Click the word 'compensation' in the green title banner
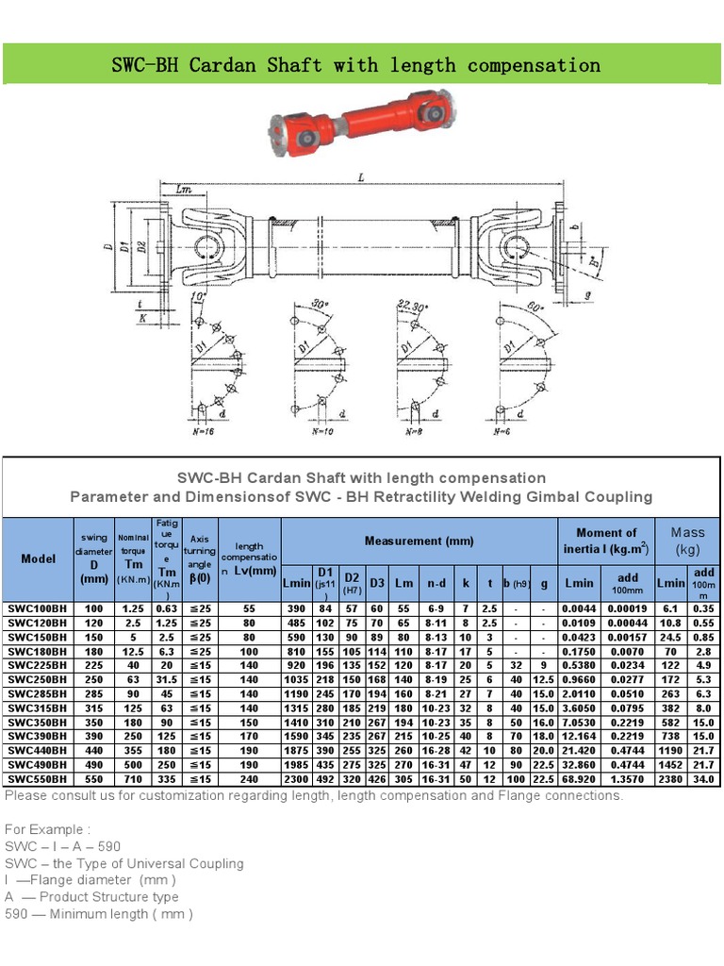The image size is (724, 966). (x=534, y=65)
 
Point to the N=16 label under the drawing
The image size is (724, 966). (x=202, y=431)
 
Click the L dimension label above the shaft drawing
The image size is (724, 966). (x=361, y=176)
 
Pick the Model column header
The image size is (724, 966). (x=38, y=558)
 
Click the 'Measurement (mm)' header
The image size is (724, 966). (x=420, y=541)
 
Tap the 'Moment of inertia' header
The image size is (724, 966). (x=606, y=540)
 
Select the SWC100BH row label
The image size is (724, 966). (x=38, y=608)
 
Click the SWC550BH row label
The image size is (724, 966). (x=38, y=779)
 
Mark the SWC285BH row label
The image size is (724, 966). (x=38, y=694)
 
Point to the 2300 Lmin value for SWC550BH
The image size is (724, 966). (x=296, y=779)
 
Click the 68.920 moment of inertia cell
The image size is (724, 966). (x=579, y=779)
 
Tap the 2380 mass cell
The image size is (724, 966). (x=670, y=779)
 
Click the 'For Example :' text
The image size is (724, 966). (x=48, y=829)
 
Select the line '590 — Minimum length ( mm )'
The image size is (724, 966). (x=99, y=913)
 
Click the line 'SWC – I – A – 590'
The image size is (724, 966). (x=63, y=846)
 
